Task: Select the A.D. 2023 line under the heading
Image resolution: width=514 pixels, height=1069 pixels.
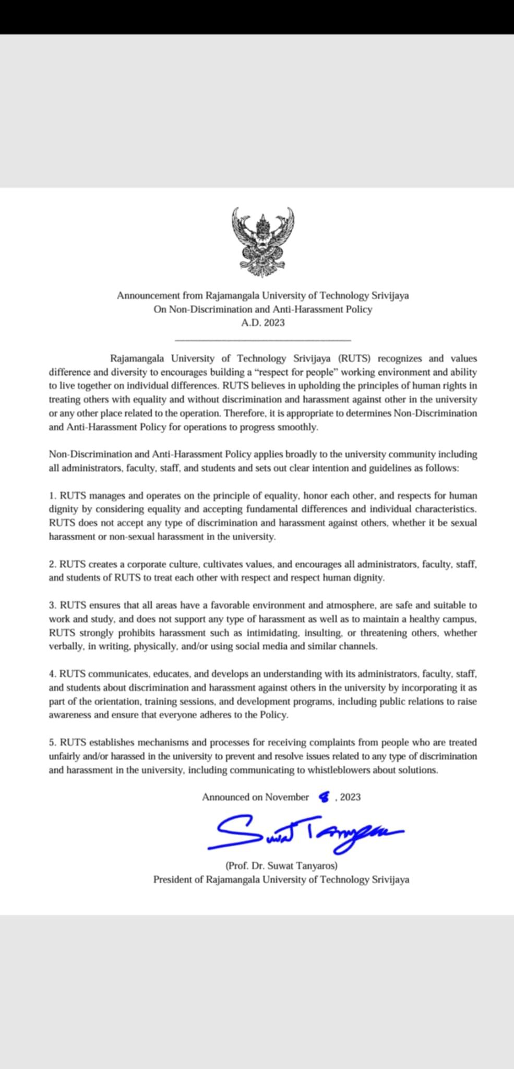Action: coord(263,323)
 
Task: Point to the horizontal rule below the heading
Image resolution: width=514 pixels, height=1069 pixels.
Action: coord(263,340)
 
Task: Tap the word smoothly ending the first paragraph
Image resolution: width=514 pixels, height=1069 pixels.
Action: coord(298,427)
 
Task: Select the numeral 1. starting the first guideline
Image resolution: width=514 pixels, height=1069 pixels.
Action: coord(53,495)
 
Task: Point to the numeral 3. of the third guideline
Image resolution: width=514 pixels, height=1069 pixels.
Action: coord(53,605)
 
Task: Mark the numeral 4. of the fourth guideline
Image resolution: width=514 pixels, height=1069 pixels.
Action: coord(53,674)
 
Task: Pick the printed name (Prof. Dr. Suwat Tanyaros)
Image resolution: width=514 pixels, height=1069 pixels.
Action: coord(281,865)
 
